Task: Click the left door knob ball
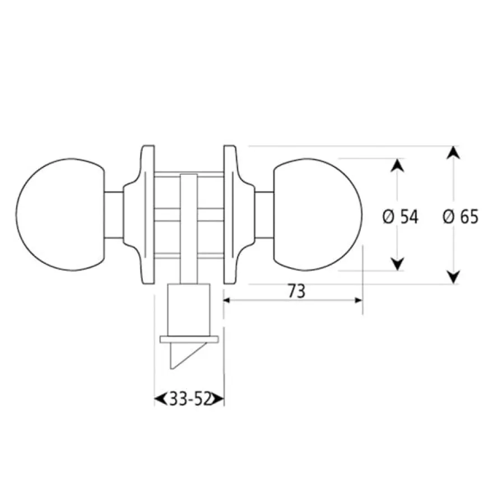(x=60, y=215)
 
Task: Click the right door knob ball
(x=318, y=215)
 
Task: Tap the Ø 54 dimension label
(x=400, y=217)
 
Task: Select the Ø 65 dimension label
(x=461, y=217)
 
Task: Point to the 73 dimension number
(x=296, y=291)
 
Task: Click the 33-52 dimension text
(x=190, y=399)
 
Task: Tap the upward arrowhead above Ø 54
(x=397, y=165)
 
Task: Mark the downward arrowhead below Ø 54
(x=397, y=264)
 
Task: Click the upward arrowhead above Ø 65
(x=453, y=153)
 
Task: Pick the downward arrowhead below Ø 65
(x=453, y=277)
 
